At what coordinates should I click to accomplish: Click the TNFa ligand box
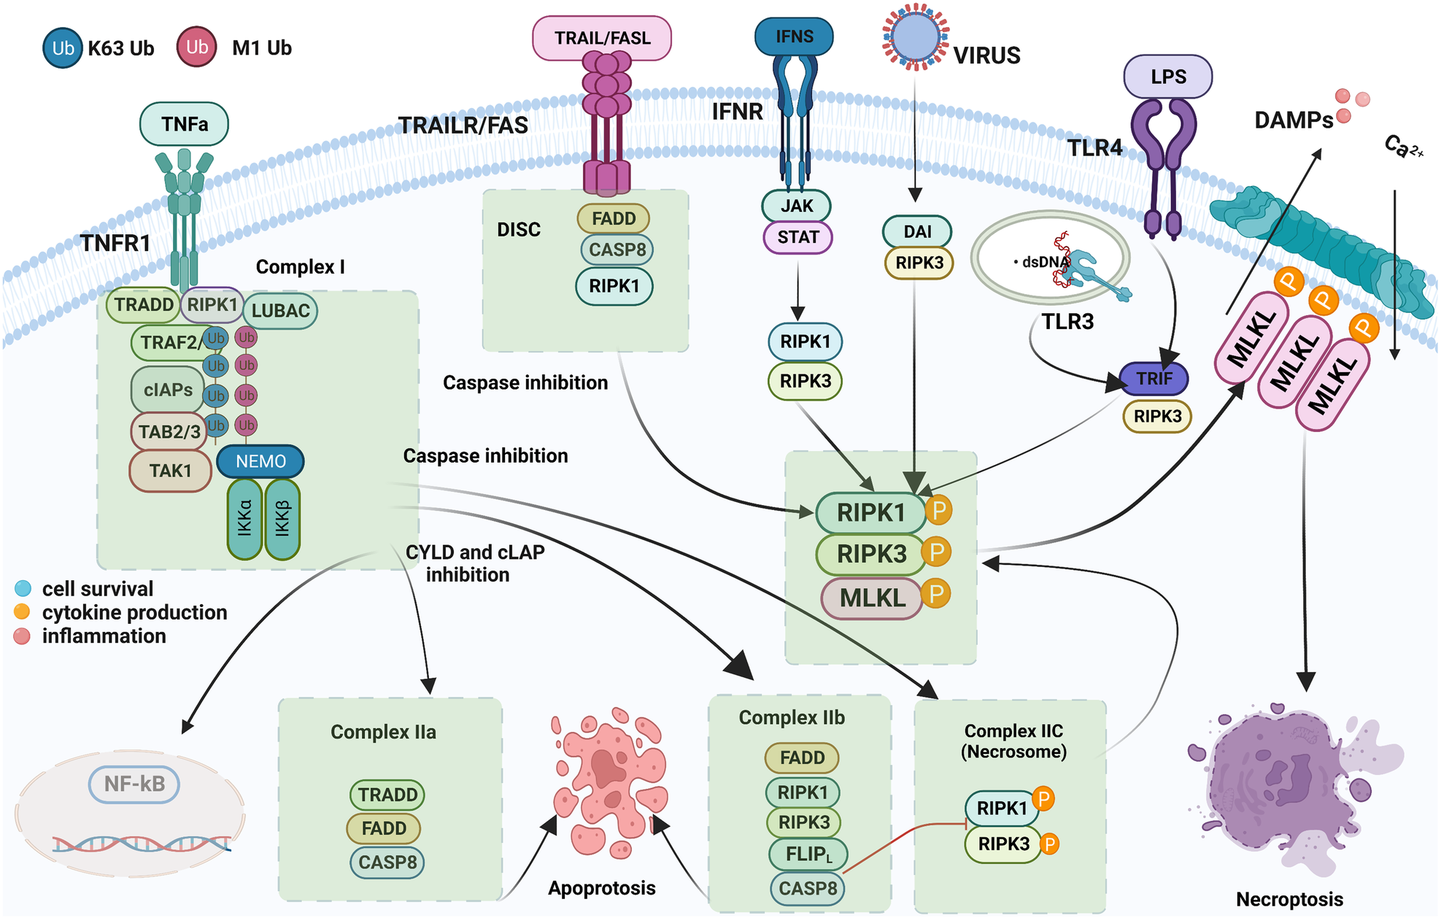pos(184,124)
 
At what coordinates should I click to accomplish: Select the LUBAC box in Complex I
pos(280,311)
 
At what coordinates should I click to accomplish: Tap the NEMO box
pos(260,461)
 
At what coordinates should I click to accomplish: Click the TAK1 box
pos(170,471)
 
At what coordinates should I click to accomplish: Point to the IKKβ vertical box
pos(282,519)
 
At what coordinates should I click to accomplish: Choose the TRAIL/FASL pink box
pos(602,38)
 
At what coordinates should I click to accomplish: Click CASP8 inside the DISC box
pos(617,250)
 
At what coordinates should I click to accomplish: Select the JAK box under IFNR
pos(796,206)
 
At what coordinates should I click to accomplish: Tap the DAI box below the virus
pos(917,232)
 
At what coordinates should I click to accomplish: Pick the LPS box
pos(1167,77)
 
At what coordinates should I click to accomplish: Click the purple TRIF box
pos(1154,379)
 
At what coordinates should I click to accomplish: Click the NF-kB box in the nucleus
pos(134,784)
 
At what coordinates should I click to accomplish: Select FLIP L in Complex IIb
pos(808,854)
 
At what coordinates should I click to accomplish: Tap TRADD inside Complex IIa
pos(387,795)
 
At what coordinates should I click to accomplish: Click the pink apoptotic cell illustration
pos(609,781)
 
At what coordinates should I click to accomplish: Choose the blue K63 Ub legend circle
pos(63,48)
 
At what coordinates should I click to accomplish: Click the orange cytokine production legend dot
pos(23,612)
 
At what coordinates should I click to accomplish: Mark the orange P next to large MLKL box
pos(935,593)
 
